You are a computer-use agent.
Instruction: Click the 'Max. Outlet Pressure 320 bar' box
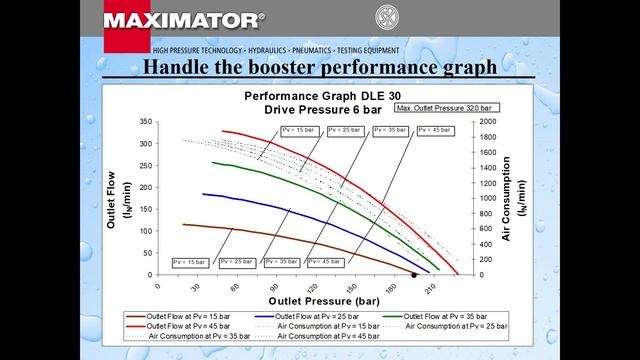tap(445, 107)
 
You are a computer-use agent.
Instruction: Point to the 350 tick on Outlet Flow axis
tap(146, 121)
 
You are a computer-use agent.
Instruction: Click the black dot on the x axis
tap(414, 274)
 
